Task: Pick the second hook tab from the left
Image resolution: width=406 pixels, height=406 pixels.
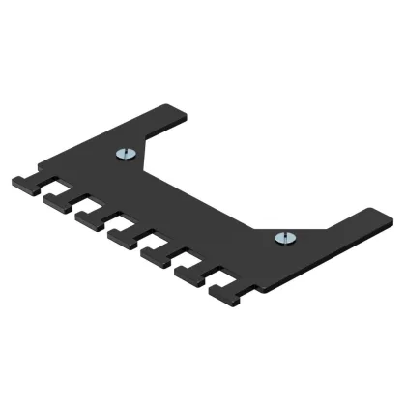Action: (x=57, y=198)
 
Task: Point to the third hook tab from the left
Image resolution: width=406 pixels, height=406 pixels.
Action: (x=89, y=217)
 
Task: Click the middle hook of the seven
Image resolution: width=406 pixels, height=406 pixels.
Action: (x=122, y=235)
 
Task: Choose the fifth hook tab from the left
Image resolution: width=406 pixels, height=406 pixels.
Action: (x=155, y=253)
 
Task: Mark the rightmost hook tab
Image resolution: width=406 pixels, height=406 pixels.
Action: (x=225, y=291)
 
